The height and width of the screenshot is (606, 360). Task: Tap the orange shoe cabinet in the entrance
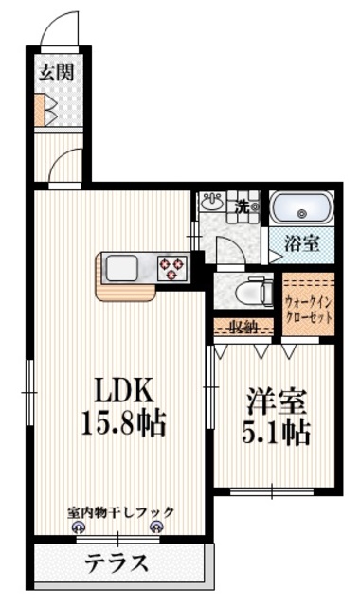click(40, 112)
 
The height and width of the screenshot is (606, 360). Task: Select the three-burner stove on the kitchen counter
click(172, 267)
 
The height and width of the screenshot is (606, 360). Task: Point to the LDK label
click(120, 391)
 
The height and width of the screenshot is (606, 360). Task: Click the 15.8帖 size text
click(121, 422)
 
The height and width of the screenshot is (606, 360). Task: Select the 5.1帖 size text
click(277, 433)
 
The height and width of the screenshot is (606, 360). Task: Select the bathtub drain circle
click(302, 212)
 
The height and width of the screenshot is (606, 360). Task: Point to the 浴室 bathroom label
click(302, 242)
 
